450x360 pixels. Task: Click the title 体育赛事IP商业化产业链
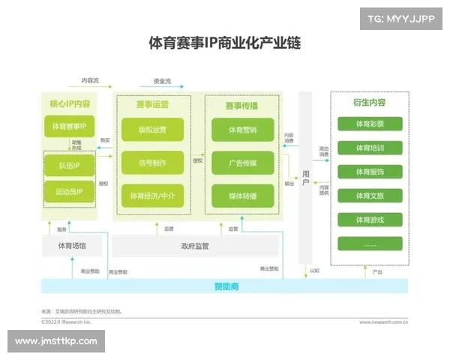pos(225,42)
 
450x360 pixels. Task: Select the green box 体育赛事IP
pos(68,127)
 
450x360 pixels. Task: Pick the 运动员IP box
pos(68,193)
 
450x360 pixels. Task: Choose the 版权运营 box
pos(152,130)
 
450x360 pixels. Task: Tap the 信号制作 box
pos(152,163)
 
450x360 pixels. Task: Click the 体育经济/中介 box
pos(152,196)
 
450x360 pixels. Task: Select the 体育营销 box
pos(243,130)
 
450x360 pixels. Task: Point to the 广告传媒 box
pos(243,163)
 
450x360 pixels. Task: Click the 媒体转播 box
pos(243,196)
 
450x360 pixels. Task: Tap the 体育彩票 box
pos(370,124)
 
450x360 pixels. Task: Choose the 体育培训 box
pos(370,148)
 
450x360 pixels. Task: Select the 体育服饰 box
pos(370,172)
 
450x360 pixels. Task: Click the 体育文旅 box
pos(370,196)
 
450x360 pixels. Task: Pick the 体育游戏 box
pos(370,220)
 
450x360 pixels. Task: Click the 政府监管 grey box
pos(195,245)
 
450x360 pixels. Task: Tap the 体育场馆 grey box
pos(72,245)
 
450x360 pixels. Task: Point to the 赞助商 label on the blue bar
pos(225,286)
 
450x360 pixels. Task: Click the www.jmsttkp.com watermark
pos(56,341)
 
